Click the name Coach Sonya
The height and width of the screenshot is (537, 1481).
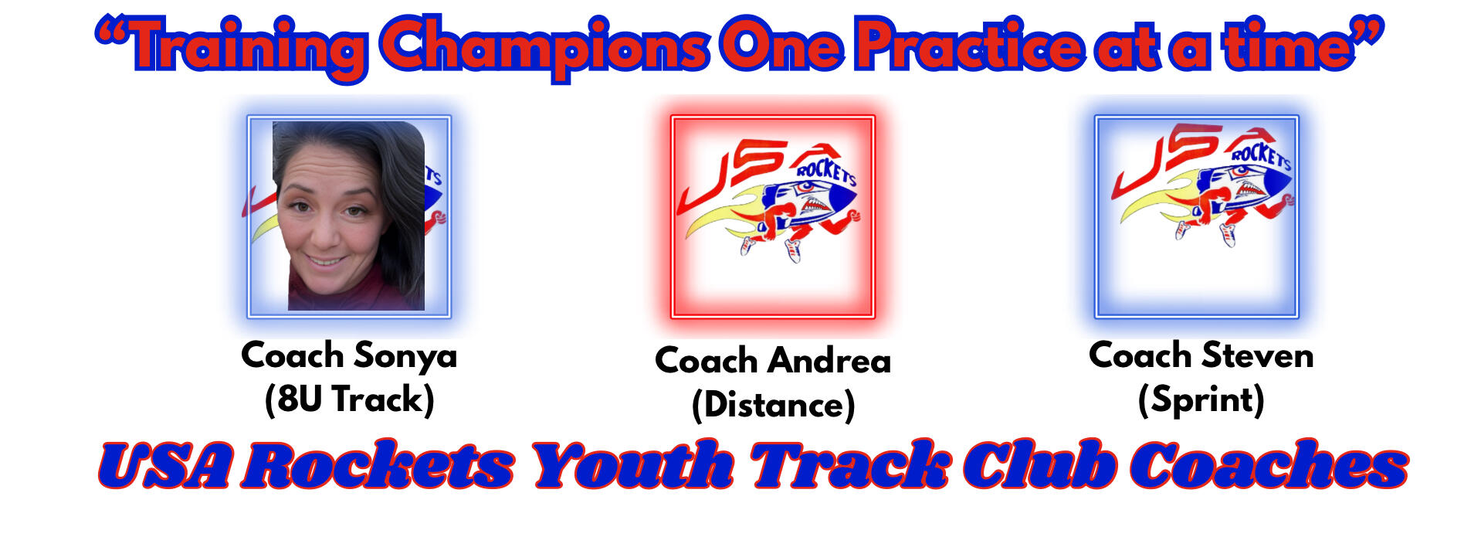349,356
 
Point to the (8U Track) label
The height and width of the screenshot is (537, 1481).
349,399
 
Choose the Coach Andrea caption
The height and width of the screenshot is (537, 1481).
773,361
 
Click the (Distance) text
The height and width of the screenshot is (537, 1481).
773,405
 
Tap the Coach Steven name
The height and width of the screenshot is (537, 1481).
1201,355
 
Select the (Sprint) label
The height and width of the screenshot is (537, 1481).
1201,400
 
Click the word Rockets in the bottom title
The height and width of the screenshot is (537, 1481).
379,466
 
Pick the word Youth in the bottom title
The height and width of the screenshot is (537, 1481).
633,466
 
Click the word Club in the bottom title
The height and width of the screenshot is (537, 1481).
1039,466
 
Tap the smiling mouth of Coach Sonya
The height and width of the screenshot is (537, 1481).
326,260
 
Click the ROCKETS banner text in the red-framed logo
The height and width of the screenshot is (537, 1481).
825,172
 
